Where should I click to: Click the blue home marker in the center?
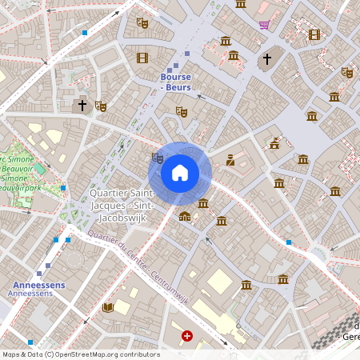point(180,172)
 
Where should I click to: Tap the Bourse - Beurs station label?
point(176,82)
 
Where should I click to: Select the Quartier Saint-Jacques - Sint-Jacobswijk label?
point(122,205)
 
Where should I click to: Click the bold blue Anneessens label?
point(38,285)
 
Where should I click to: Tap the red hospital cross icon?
point(187,337)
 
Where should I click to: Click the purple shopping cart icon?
point(264,24)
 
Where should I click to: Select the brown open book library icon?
point(108,307)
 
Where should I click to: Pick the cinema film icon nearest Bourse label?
point(142,58)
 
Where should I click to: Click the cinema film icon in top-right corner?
point(314,34)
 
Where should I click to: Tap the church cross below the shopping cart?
point(267,59)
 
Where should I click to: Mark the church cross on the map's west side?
point(82,105)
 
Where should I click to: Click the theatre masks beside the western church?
point(101,106)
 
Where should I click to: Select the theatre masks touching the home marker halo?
point(157,158)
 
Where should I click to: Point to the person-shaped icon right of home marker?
point(230,160)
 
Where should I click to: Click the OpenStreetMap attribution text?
point(80,354)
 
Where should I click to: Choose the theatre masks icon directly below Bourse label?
point(181,111)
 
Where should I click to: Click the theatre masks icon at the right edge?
point(346,72)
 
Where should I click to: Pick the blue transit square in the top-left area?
point(85,33)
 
